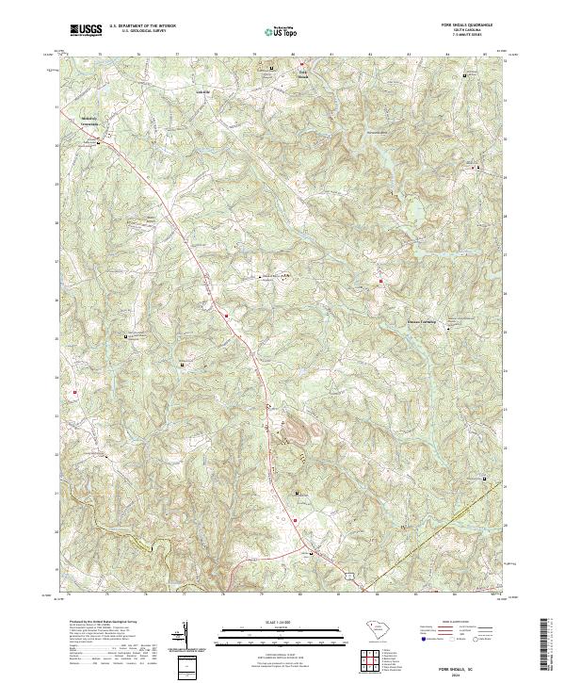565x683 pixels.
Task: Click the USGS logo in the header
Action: click(x=86, y=30)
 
